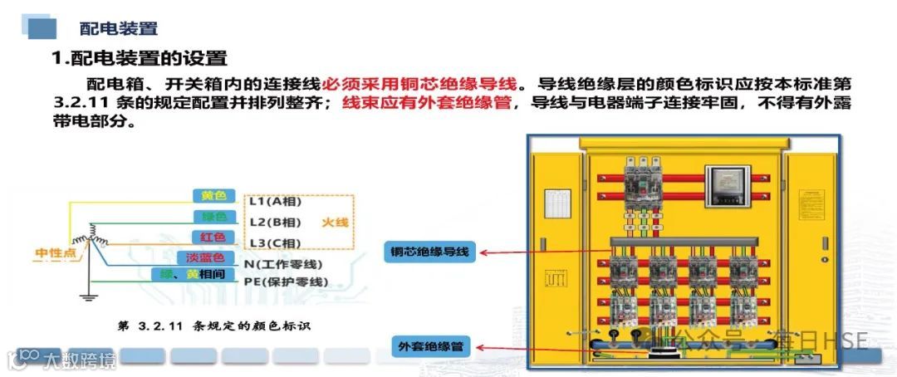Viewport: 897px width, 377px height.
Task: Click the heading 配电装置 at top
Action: tap(118, 29)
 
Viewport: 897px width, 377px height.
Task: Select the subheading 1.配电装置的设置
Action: tap(139, 58)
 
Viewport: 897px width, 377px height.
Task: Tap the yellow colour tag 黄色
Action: tap(213, 196)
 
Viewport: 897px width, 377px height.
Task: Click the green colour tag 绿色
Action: tap(213, 217)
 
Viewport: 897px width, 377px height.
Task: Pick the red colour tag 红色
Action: tap(213, 237)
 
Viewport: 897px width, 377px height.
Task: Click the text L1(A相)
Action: tap(275, 202)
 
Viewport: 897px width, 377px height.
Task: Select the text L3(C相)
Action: tap(275, 242)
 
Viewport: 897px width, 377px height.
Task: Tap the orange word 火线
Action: tap(336, 223)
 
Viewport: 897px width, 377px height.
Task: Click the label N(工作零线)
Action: tap(283, 264)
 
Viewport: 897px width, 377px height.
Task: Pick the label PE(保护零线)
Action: tap(286, 282)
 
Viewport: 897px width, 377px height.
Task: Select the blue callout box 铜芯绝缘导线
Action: tap(431, 252)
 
